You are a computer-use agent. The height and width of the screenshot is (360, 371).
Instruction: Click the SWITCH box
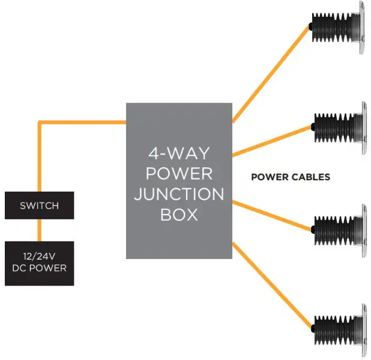[39, 206]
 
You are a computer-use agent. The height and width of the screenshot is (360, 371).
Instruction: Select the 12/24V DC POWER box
[39, 263]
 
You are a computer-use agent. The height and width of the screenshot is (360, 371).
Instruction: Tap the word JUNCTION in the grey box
[179, 195]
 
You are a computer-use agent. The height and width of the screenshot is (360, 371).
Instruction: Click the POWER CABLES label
[290, 177]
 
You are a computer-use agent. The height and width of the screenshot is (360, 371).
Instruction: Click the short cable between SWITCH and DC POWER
[40, 230]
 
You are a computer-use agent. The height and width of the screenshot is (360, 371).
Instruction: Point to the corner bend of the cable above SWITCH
[40, 123]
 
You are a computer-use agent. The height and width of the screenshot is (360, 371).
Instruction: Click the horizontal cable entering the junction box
[84, 122]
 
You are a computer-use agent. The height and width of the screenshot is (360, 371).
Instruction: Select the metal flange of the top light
[362, 27]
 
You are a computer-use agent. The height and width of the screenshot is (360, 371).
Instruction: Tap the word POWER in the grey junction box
[179, 174]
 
